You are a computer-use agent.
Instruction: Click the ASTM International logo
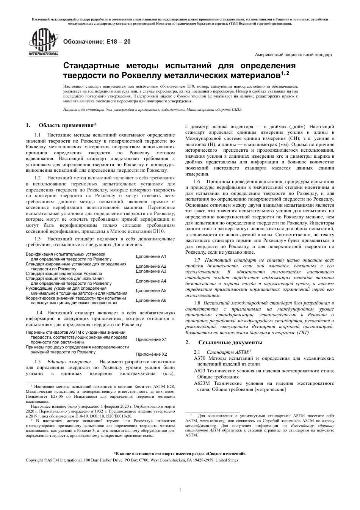(x=42, y=43)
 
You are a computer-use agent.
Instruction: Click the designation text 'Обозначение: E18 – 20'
(x=97, y=42)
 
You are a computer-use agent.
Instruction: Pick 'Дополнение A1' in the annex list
(x=151, y=256)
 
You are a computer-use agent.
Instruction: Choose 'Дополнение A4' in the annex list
(x=151, y=281)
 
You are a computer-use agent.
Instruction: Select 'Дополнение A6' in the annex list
(x=151, y=300)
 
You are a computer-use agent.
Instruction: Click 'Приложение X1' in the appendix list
(x=151, y=339)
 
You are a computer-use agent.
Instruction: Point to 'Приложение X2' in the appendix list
(x=151, y=354)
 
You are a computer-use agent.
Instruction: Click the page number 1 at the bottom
(x=180, y=490)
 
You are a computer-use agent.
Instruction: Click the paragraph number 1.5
(x=38, y=362)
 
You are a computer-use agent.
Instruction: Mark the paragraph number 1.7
(x=197, y=260)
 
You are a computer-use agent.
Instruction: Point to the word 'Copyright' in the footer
(x=34, y=460)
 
